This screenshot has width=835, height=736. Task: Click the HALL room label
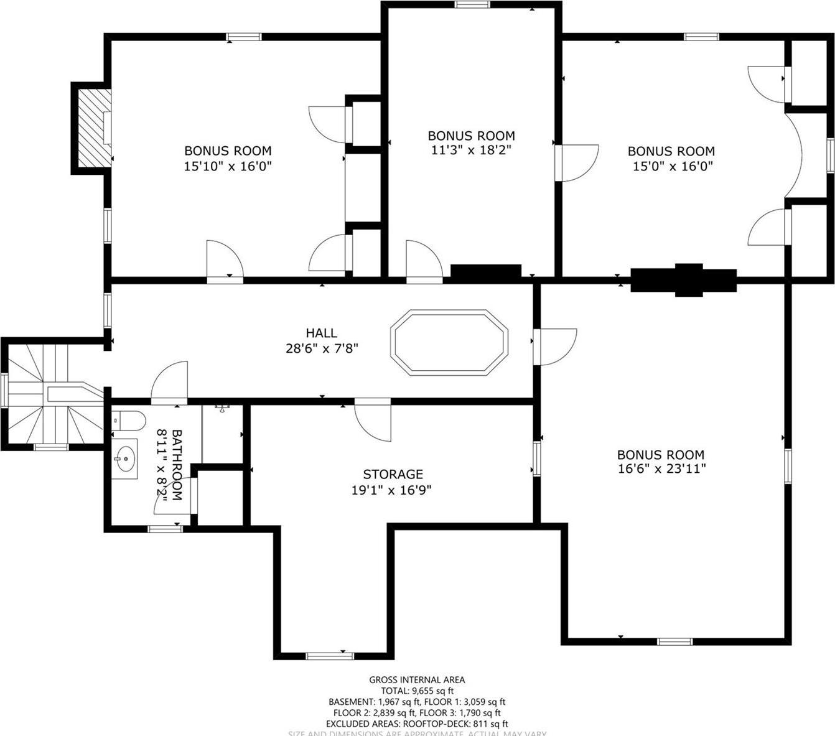click(x=321, y=333)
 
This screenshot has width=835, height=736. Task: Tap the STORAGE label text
click(x=393, y=474)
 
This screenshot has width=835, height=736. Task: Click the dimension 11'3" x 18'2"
click(x=471, y=151)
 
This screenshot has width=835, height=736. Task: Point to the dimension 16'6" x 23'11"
click(x=661, y=470)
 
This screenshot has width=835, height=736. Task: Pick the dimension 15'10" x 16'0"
click(x=228, y=166)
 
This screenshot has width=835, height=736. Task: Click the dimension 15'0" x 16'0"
click(x=671, y=166)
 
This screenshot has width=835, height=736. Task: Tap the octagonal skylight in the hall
click(x=449, y=342)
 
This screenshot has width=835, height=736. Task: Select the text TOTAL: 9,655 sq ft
click(x=417, y=691)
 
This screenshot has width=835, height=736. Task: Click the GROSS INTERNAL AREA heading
click(x=417, y=680)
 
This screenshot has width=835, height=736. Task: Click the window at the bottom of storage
click(x=330, y=655)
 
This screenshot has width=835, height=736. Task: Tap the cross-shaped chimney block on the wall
click(x=684, y=279)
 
